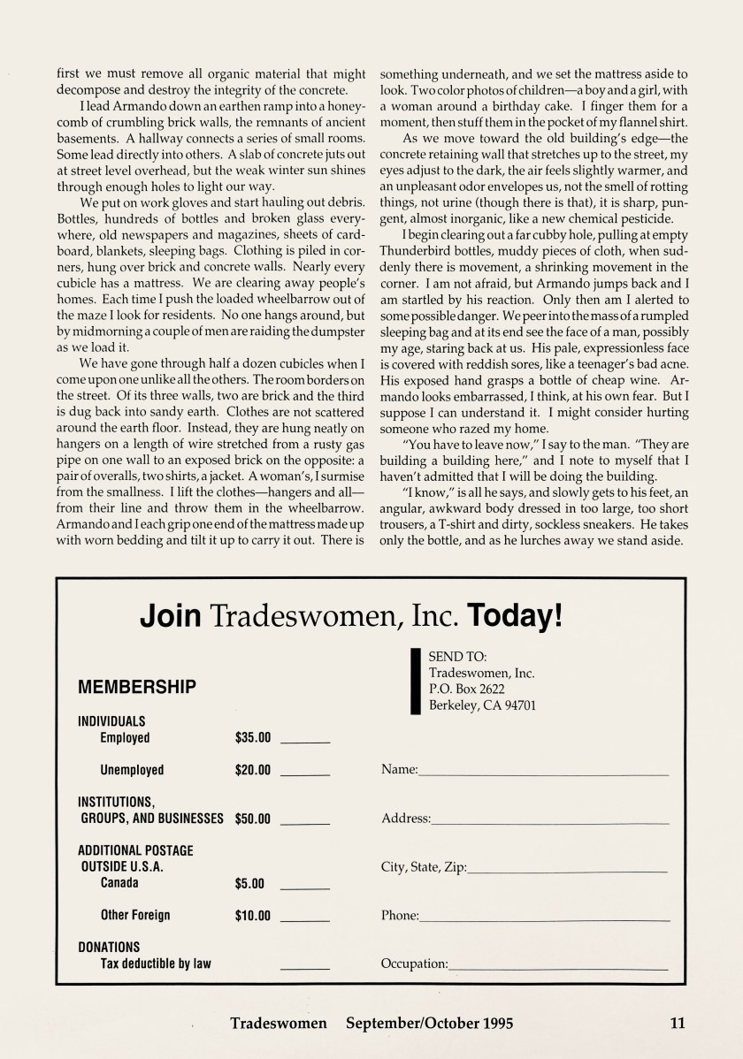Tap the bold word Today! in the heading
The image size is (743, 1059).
pos(514,616)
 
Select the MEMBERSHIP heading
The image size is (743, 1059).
pos(137,688)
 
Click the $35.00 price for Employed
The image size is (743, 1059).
pos(253,737)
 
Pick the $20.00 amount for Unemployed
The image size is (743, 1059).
pos(253,770)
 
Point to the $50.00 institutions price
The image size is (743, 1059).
pos(253,819)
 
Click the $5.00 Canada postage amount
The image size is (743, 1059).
pos(250,883)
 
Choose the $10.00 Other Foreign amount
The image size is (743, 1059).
pos(253,916)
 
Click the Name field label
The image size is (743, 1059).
pos(399,770)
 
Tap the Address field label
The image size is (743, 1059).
pos(406,819)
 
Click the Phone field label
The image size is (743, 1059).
pos(400,916)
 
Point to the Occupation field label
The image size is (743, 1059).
pos(414,964)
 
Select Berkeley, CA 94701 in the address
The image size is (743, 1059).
pos(482,705)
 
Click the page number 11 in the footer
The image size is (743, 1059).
pos(678,1025)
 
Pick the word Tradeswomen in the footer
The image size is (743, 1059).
pos(279,1025)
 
